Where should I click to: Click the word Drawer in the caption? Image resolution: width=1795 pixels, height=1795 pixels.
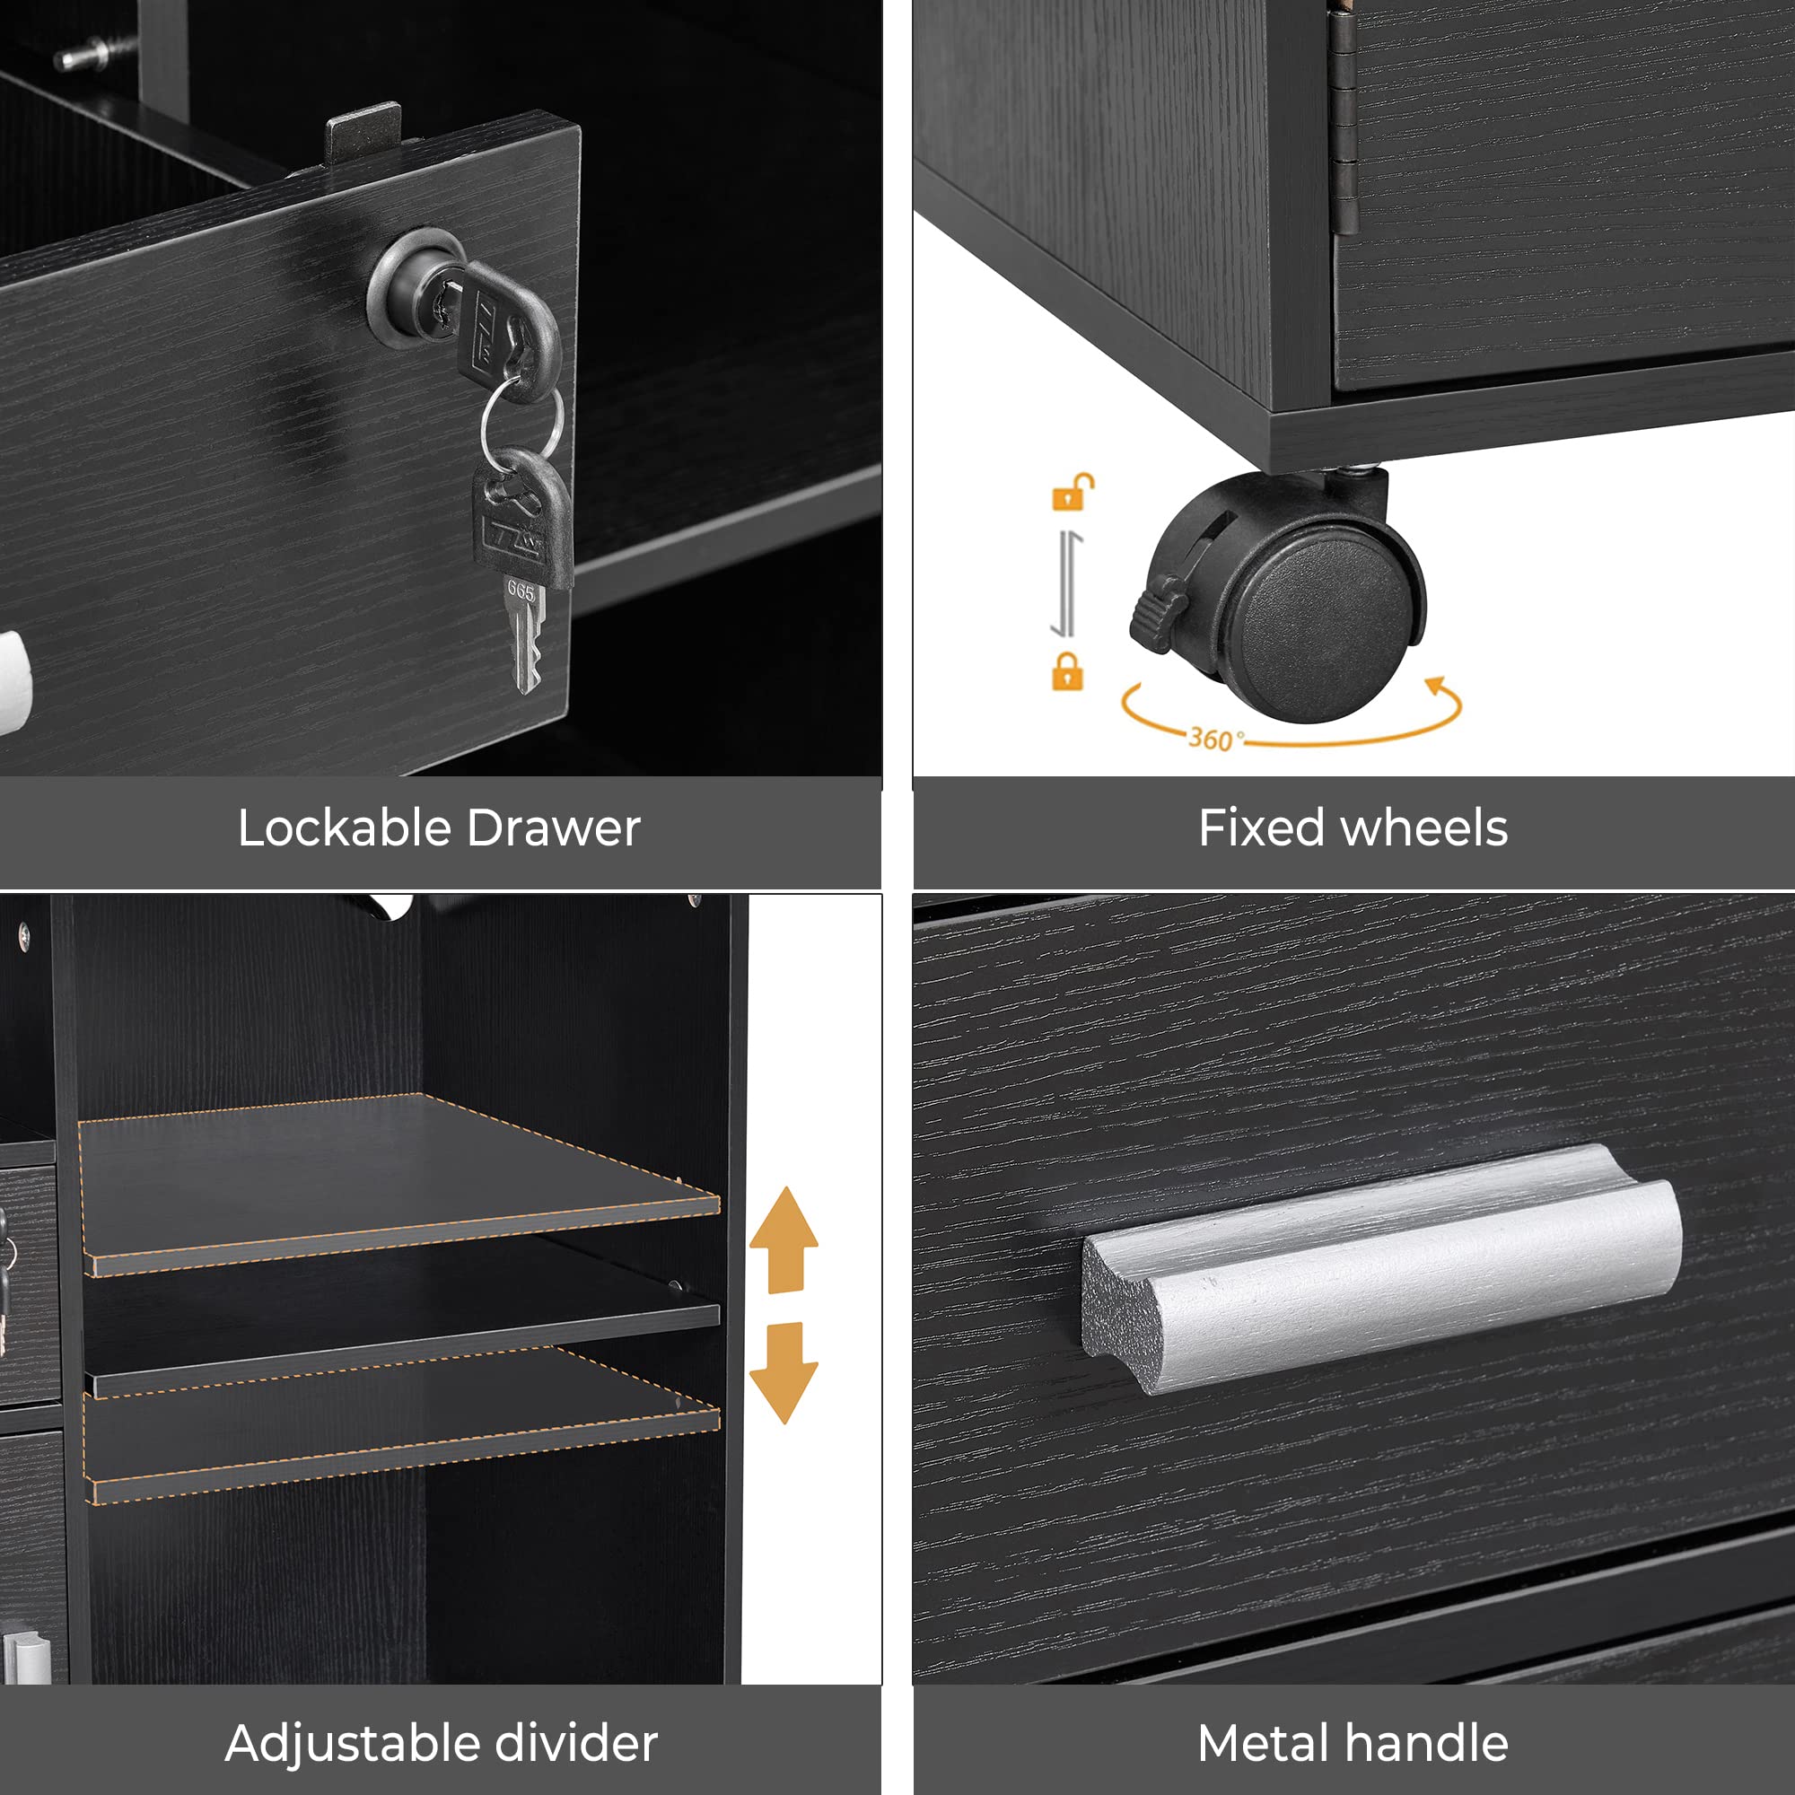(x=554, y=827)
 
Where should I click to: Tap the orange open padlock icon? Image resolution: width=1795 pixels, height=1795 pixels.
(x=1073, y=493)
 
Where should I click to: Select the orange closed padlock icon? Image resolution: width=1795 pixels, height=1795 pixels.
(x=1067, y=670)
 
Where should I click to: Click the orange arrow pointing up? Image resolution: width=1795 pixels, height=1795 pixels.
(x=784, y=1239)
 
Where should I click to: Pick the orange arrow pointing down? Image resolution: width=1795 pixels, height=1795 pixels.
(x=784, y=1372)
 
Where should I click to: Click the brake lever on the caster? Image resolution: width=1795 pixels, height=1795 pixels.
(x=1159, y=610)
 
